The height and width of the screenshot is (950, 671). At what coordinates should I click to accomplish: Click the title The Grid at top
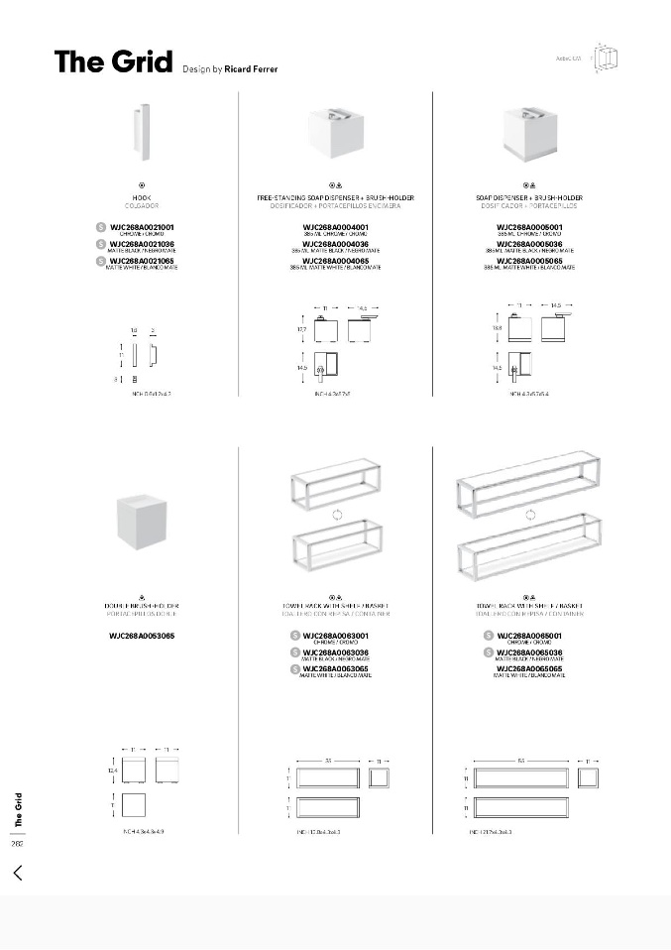pyautogui.click(x=113, y=61)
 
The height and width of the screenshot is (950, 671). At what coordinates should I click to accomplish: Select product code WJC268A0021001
pyautogui.click(x=141, y=227)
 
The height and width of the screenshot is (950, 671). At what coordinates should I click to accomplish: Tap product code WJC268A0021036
pyautogui.click(x=141, y=244)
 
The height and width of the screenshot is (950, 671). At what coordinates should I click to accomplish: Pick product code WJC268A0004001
pyautogui.click(x=335, y=227)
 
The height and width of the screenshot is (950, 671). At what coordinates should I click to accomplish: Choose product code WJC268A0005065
pyautogui.click(x=529, y=261)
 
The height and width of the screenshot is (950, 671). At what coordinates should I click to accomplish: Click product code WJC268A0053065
pyautogui.click(x=141, y=635)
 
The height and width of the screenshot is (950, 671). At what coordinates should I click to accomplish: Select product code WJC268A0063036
pyautogui.click(x=336, y=652)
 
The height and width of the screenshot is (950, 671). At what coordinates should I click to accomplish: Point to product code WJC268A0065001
pyautogui.click(x=529, y=635)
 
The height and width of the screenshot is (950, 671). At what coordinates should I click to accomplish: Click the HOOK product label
pyautogui.click(x=141, y=198)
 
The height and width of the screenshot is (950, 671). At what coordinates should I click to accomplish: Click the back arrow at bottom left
pyautogui.click(x=18, y=873)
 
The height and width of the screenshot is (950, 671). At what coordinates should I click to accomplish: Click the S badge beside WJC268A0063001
pyautogui.click(x=295, y=635)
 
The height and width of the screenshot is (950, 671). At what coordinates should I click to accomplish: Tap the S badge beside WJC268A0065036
pyautogui.click(x=489, y=652)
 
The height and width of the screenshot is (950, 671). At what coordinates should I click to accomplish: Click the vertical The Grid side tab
pyautogui.click(x=18, y=810)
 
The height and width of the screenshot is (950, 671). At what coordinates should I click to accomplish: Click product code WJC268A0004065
pyautogui.click(x=335, y=261)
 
